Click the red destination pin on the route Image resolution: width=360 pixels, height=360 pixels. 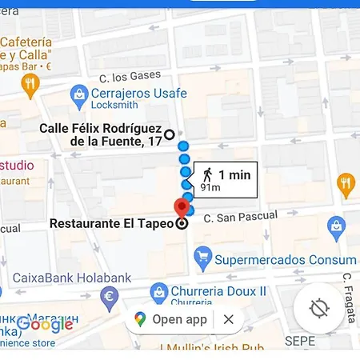tap(182, 206)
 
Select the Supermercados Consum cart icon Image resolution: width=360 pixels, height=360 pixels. tap(203, 258)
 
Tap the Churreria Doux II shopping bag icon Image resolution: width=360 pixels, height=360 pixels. tap(158, 292)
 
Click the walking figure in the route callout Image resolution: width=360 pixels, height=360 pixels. tap(207, 174)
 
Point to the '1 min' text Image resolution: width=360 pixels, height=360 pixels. tap(234, 174)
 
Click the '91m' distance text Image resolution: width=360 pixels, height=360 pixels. tap(210, 188)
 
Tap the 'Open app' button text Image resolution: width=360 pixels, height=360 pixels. tap(179, 320)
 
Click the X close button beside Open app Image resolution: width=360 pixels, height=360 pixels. tap(229, 320)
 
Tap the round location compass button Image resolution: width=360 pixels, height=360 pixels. tap(318, 309)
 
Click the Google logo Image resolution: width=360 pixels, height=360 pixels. tap(46, 324)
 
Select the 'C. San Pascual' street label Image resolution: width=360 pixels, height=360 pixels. tap(240, 216)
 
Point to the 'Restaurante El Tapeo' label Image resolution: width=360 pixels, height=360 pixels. tap(111, 224)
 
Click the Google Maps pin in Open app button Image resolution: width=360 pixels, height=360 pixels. tap(141, 320)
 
